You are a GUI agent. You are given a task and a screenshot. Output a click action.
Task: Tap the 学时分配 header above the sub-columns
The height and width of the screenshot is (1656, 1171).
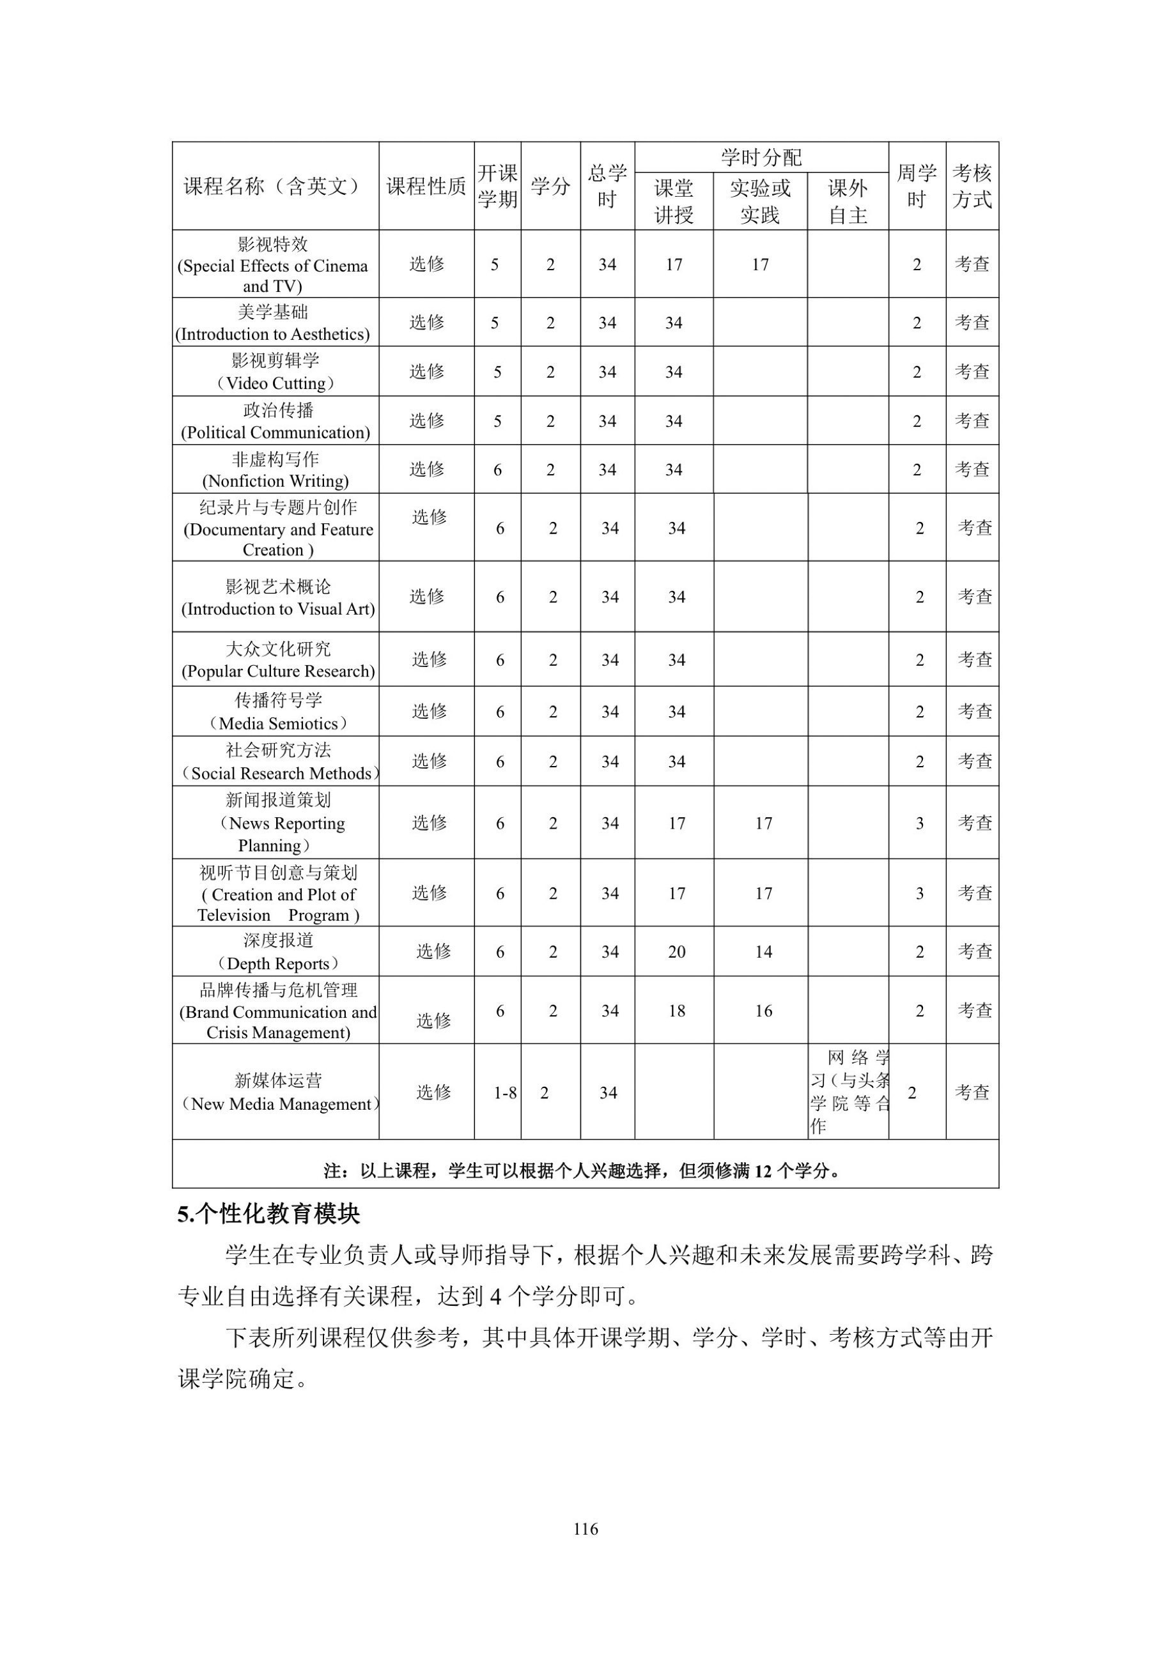tap(761, 157)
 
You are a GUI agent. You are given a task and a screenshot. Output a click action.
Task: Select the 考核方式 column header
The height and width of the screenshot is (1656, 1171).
tap(972, 186)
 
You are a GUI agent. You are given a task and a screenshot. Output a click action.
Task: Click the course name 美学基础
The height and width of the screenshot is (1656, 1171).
tap(273, 312)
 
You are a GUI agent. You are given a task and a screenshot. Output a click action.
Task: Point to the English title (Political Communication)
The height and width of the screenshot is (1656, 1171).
tap(275, 432)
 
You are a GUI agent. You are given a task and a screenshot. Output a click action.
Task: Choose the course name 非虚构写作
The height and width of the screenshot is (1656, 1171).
tap(275, 459)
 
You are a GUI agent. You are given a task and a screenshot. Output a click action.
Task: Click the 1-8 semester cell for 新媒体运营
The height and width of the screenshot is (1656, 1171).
tap(505, 1092)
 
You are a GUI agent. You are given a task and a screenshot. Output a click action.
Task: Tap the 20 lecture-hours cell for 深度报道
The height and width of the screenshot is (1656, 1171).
tap(676, 952)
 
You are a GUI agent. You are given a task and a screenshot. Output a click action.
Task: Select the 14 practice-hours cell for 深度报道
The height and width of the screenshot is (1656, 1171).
tap(763, 952)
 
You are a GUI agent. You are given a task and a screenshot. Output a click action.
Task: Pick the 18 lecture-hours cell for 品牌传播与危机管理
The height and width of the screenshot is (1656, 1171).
tap(676, 1011)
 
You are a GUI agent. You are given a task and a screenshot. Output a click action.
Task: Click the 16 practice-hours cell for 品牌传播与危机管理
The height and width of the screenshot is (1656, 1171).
tap(763, 1011)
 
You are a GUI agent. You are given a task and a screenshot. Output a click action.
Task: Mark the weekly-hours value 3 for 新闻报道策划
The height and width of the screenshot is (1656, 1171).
tap(919, 824)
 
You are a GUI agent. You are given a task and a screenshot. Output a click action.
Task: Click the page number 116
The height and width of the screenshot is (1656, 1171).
tap(585, 1529)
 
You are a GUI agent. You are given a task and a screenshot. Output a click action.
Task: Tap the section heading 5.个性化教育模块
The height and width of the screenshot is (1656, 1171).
tap(268, 1215)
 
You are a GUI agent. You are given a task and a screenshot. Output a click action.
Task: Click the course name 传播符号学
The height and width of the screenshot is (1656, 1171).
tap(278, 700)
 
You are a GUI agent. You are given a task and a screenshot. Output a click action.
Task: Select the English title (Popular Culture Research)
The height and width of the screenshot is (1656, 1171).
tap(278, 671)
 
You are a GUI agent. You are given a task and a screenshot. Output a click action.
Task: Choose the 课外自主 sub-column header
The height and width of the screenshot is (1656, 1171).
tap(847, 201)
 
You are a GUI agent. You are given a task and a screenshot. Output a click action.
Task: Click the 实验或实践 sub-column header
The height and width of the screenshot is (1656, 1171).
tap(760, 201)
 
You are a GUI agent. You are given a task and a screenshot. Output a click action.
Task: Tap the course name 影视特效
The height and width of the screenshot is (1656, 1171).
tap(273, 245)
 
